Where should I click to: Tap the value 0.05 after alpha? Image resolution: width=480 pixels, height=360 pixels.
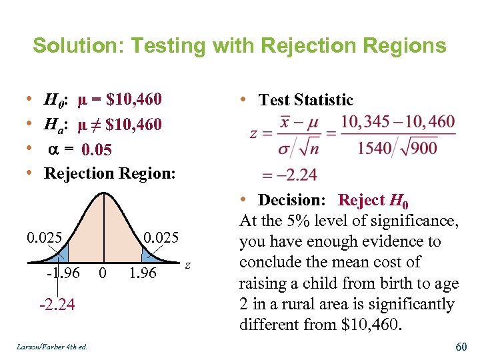tap(96, 149)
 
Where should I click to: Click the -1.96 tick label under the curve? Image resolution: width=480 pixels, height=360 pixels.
tap(63, 273)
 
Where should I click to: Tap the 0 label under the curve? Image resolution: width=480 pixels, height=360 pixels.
tap(102, 273)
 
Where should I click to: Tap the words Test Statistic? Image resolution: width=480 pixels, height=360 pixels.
tap(305, 100)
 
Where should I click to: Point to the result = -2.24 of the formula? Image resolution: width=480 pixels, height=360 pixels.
tap(280, 175)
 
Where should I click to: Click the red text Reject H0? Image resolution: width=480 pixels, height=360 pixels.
tap(373, 200)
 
